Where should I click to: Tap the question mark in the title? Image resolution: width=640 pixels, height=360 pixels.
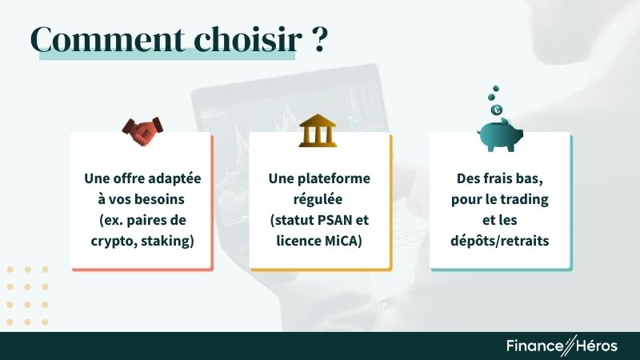[317, 40]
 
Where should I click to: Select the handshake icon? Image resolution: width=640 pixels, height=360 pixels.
[142, 131]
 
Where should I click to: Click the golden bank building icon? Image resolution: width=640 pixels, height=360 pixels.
[318, 131]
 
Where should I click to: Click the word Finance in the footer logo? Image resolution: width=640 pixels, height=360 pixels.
[533, 346]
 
